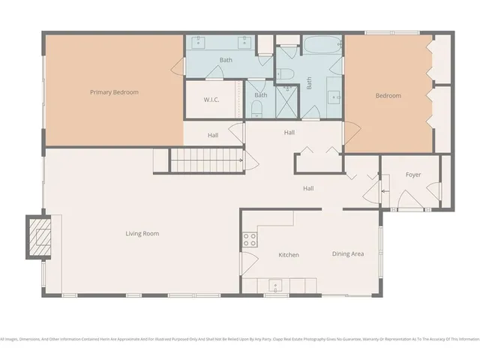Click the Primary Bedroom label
(x=114, y=92)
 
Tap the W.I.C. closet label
(x=211, y=100)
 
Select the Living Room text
(x=142, y=233)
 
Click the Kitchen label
(x=289, y=255)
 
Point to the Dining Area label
(x=348, y=253)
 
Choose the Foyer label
(x=413, y=175)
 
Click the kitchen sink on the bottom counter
(x=275, y=286)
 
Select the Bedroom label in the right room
(x=388, y=95)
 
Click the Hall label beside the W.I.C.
(x=213, y=135)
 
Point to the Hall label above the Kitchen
(x=307, y=188)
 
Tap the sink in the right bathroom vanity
(x=333, y=96)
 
